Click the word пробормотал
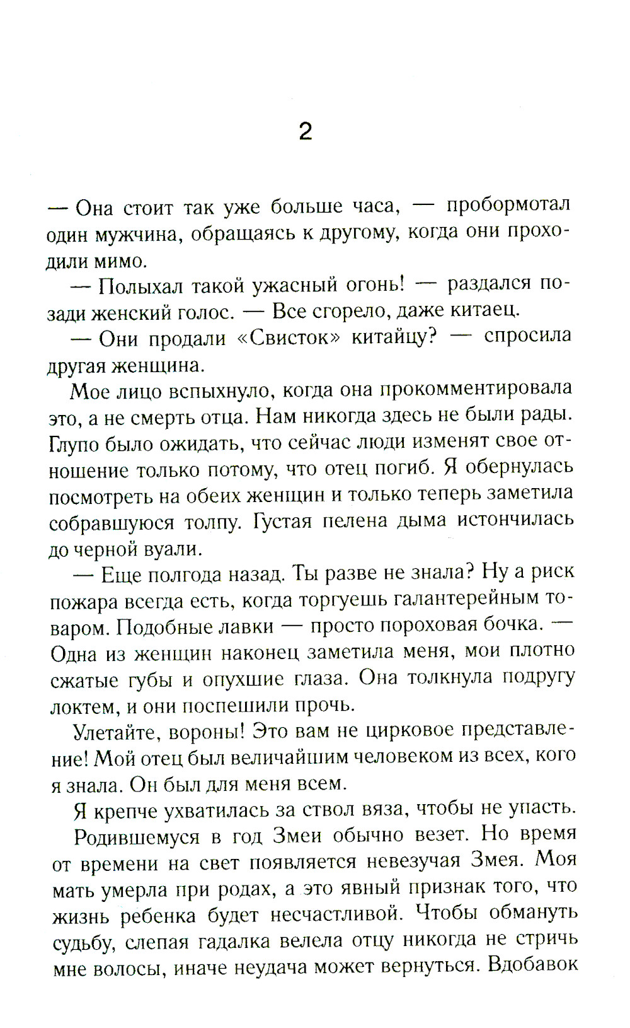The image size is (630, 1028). click(x=508, y=205)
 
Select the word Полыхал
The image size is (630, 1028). click(x=139, y=286)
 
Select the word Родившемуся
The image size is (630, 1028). click(x=137, y=837)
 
